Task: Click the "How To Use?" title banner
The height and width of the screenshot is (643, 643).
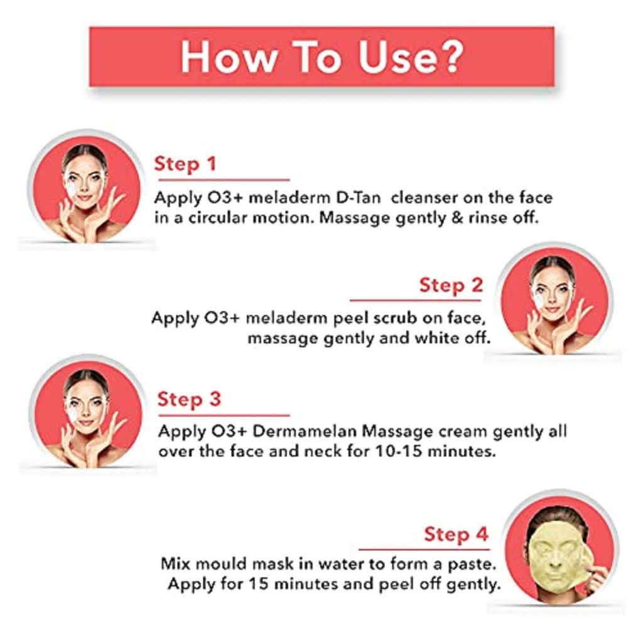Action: [x=321, y=57]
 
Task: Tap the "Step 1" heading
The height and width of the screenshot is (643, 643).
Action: [x=185, y=165]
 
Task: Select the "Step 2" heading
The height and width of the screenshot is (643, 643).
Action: [x=451, y=286]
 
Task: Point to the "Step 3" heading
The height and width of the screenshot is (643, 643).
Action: [x=189, y=400]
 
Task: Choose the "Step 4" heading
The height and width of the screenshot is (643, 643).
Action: [x=455, y=535]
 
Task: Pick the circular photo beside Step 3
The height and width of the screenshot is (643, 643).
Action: [x=87, y=413]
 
